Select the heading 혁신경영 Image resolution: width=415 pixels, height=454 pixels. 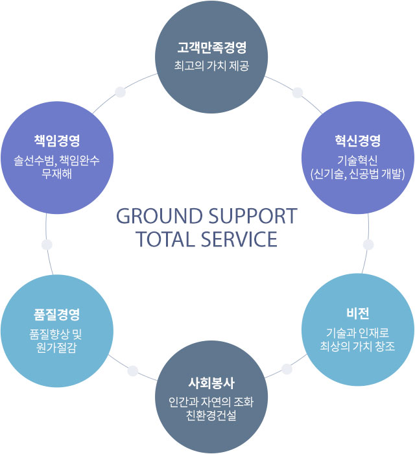click(357, 141)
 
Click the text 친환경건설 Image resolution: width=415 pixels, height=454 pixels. click(211, 414)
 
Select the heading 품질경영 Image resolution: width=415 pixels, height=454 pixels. click(57, 315)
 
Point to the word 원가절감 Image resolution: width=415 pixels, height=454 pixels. click(57, 346)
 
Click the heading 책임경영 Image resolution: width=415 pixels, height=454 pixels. click(57, 141)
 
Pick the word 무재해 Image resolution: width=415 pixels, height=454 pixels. click(57, 173)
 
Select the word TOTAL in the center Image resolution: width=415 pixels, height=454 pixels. click(165, 239)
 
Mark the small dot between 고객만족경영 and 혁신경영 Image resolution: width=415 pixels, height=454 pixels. click(298, 92)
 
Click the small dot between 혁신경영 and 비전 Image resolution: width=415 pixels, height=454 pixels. click(368, 245)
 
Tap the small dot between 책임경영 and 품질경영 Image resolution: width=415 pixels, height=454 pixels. click(46, 245)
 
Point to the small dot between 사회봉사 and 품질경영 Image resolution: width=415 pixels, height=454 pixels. click(133, 371)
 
